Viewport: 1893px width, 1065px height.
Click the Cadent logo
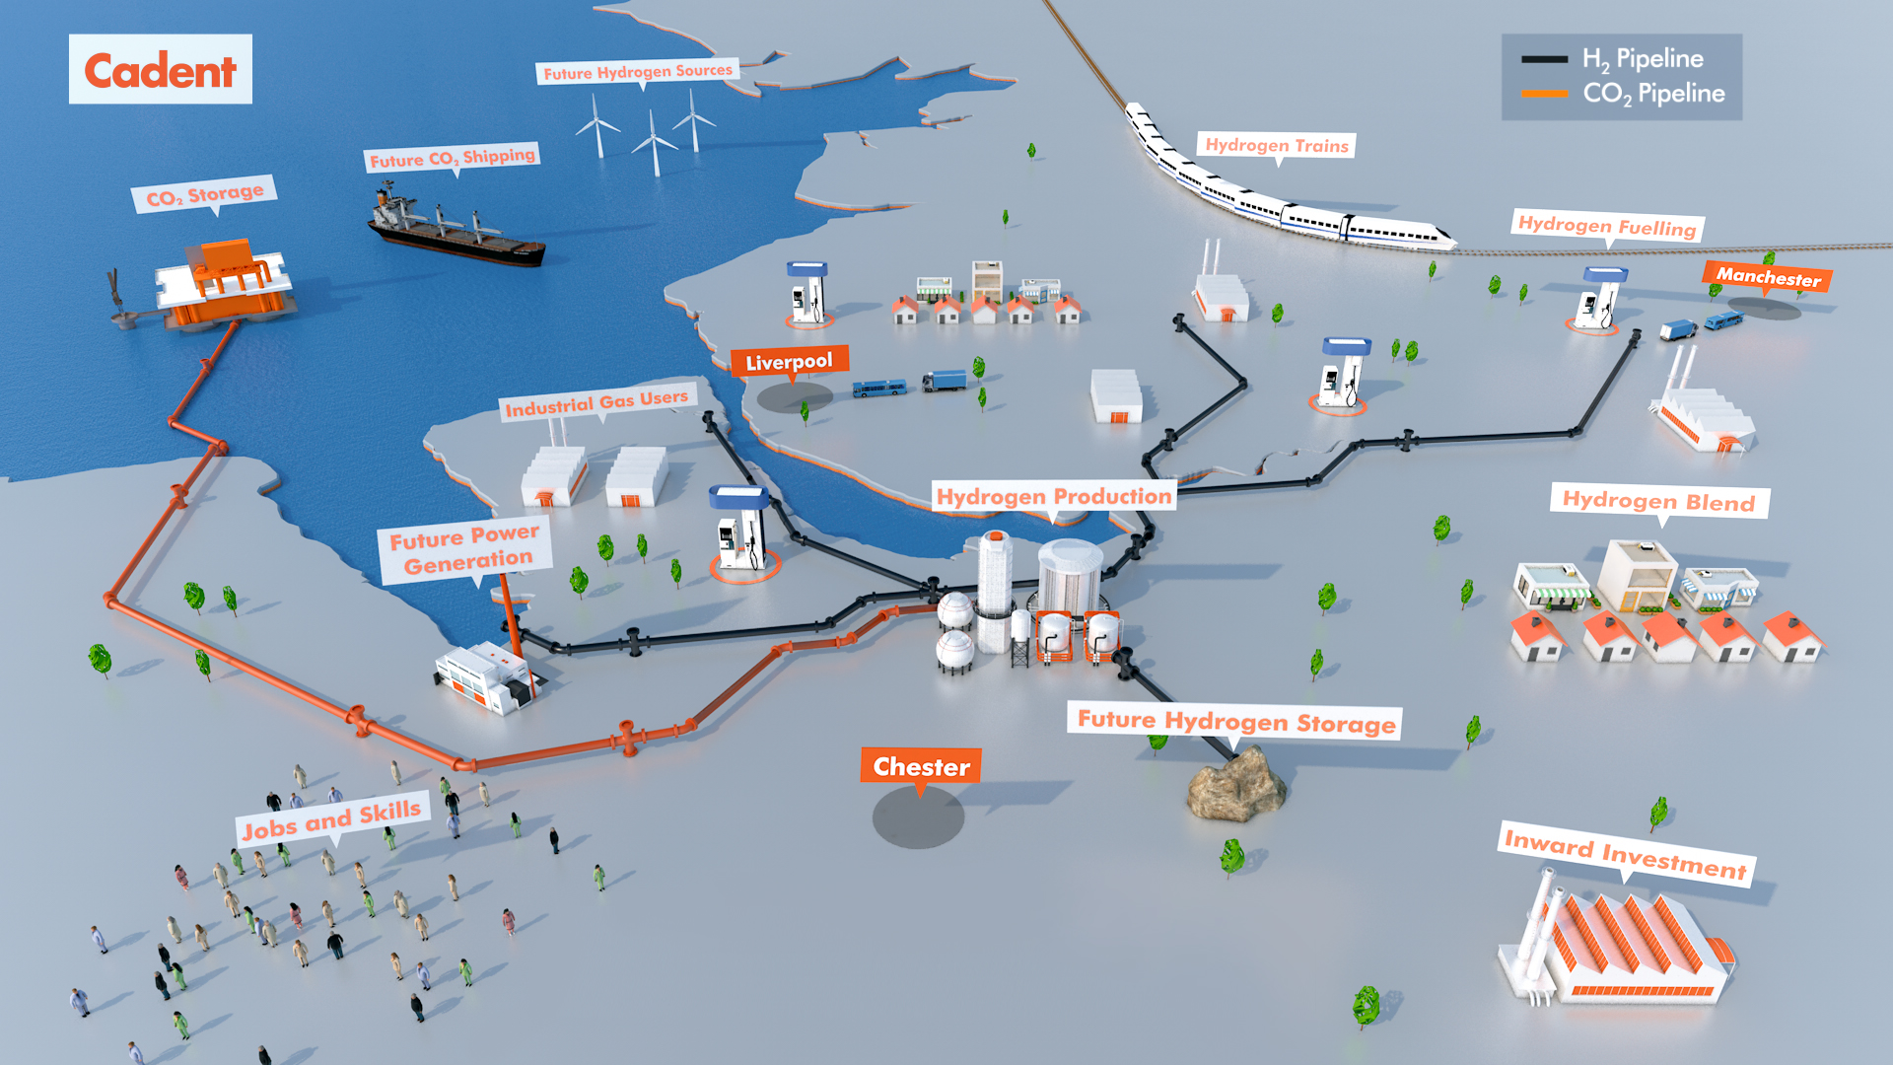coord(160,70)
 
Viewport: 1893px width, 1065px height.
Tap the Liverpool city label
coord(789,362)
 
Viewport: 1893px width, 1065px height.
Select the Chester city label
coord(921,766)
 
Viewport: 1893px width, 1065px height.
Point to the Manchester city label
coord(1768,277)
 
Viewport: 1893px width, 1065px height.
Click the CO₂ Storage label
coord(205,194)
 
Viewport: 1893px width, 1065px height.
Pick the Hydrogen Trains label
coord(1277,145)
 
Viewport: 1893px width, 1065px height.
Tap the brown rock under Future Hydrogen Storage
coord(1236,784)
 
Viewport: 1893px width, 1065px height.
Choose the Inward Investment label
coord(1625,854)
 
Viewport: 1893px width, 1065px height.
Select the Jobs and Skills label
coord(332,818)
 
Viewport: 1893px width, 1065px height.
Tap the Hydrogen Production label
coord(1054,496)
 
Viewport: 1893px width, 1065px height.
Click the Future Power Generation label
coord(464,550)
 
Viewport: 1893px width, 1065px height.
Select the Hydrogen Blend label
coord(1658,501)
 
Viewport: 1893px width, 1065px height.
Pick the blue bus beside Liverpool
coord(878,389)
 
